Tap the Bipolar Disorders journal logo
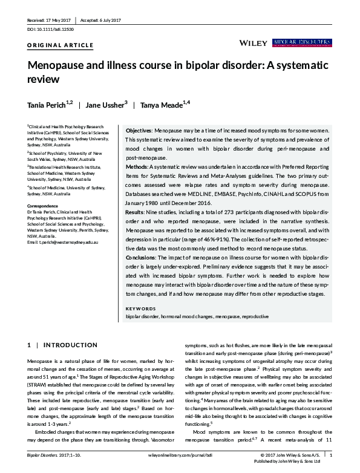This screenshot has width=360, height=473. point(302,42)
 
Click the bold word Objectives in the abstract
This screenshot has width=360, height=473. point(139,131)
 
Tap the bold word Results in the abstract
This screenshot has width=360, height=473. point(136,212)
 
